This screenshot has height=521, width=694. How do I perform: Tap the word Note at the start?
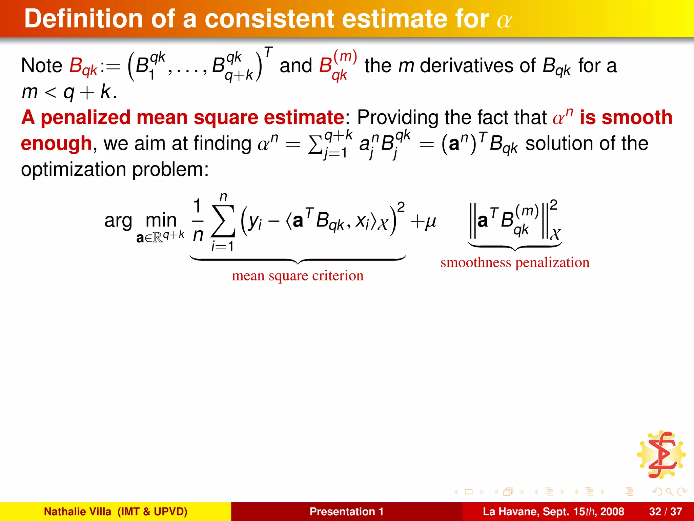(x=41, y=65)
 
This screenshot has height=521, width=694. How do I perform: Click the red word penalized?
(x=85, y=118)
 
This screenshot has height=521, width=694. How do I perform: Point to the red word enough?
(x=56, y=143)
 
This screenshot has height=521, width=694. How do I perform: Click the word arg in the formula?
(x=118, y=221)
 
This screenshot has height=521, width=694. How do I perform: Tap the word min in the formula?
(x=161, y=221)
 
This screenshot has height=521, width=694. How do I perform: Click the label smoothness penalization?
(x=515, y=263)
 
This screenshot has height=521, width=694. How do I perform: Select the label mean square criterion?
(x=298, y=276)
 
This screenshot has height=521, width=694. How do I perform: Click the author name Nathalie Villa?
(x=78, y=512)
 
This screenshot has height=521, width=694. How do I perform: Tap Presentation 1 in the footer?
(x=346, y=512)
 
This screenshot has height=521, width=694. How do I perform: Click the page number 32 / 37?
(x=666, y=512)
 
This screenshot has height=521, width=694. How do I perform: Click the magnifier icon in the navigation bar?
(x=669, y=491)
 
